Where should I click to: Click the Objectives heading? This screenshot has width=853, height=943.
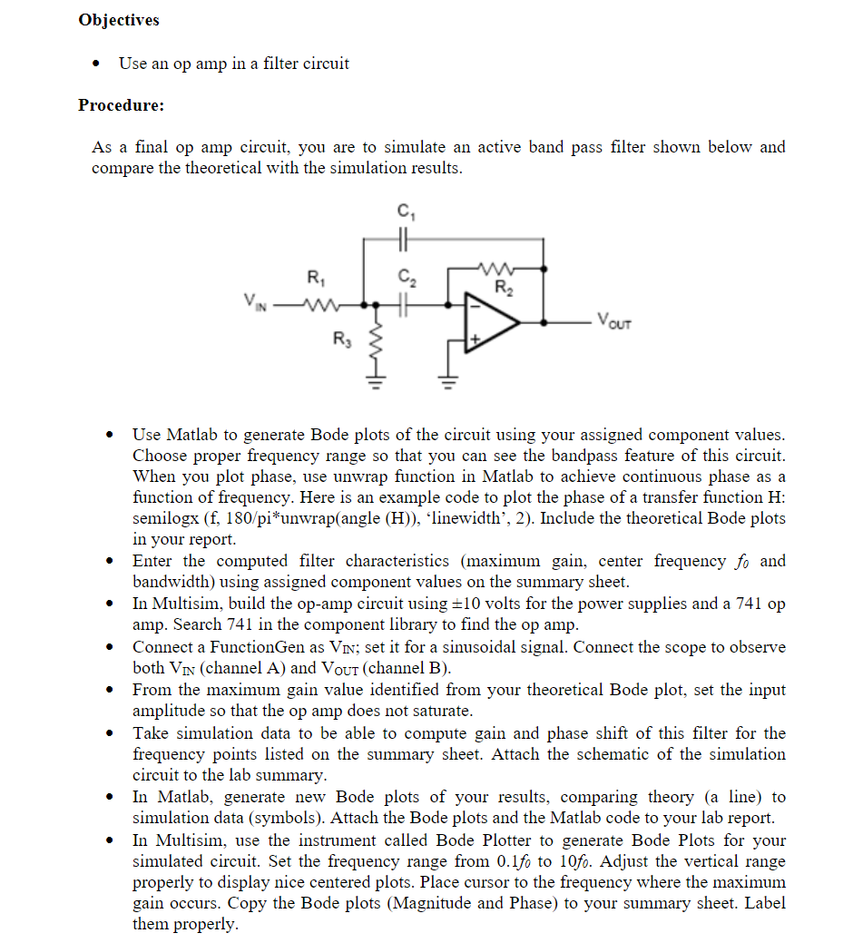click(x=119, y=20)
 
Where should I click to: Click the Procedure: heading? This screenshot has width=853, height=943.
click(x=122, y=105)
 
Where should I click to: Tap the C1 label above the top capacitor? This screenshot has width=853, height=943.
click(x=403, y=214)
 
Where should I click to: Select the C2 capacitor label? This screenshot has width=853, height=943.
click(x=403, y=280)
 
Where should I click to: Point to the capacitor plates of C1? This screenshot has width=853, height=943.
click(x=403, y=240)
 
